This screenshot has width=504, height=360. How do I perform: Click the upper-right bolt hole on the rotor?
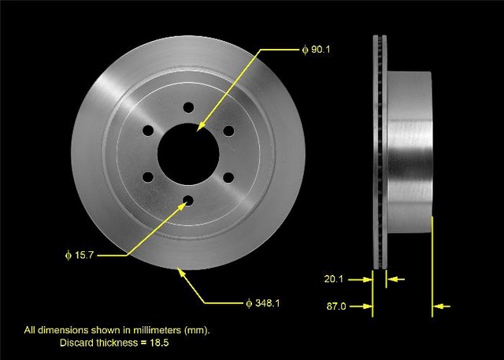[x=228, y=131]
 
